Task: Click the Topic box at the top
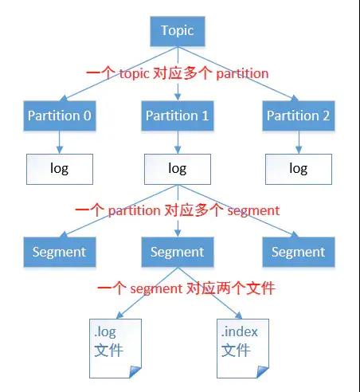pos(177,32)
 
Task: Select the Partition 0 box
pos(59,116)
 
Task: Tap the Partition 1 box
pos(177,116)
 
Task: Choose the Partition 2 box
pos(298,116)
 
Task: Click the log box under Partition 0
pos(59,169)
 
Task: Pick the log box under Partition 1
pos(177,169)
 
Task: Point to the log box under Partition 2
pos(298,169)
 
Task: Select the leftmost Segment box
pos(59,252)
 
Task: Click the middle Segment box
pos(177,252)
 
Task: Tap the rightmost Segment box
pos(298,252)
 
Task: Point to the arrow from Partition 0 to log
pos(59,143)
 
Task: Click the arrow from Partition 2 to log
pos(298,143)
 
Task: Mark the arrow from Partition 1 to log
pos(177,143)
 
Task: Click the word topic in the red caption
pos(136,73)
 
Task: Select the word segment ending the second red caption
pos(252,210)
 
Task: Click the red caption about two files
pos(185,288)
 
